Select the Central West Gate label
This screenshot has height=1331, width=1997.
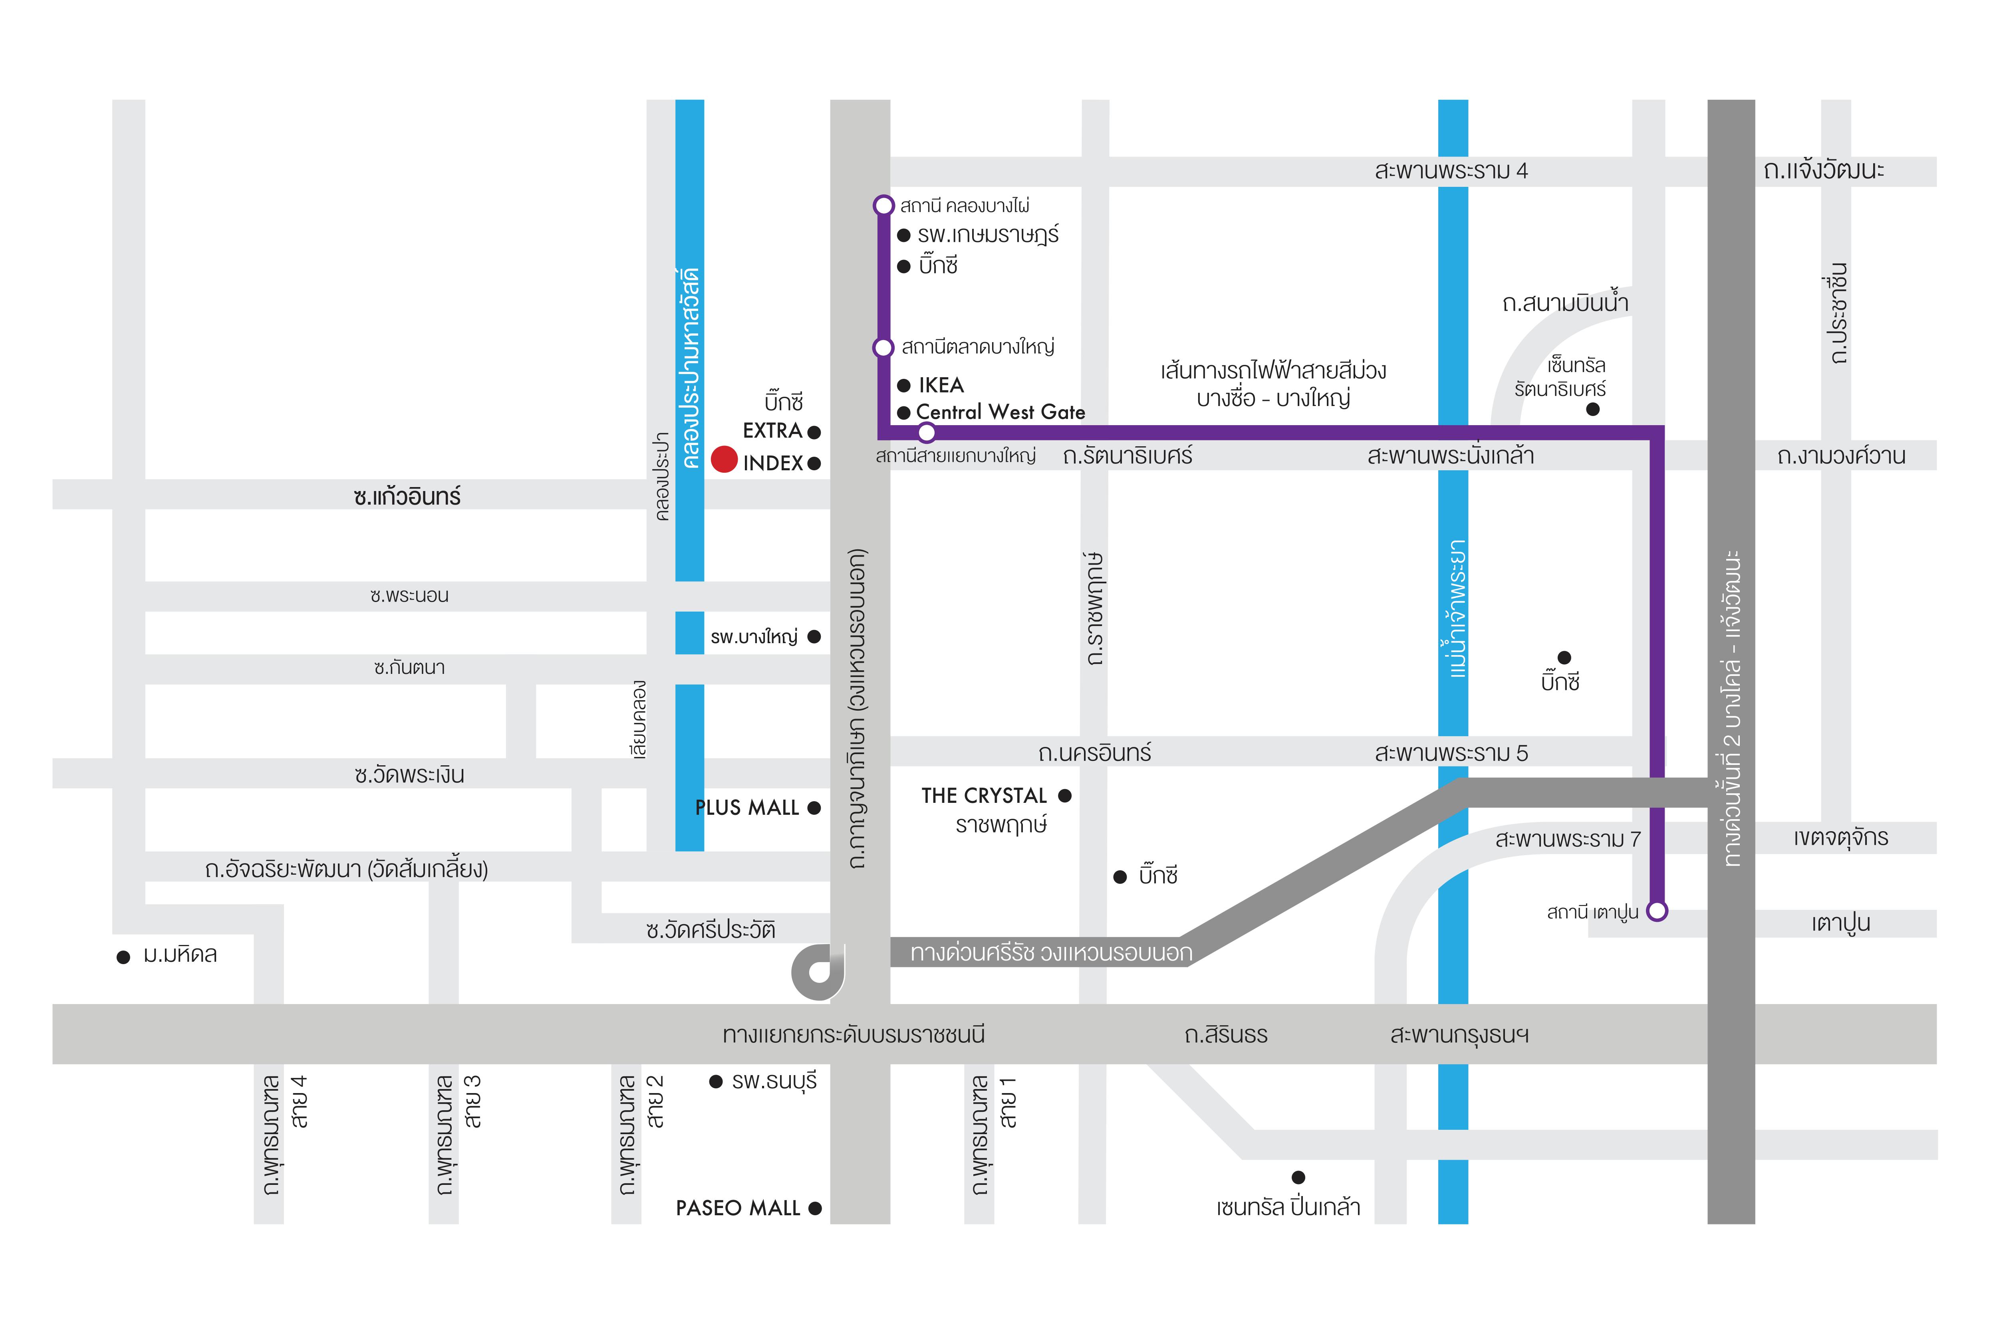1000,412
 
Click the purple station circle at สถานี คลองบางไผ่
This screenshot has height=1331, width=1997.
884,206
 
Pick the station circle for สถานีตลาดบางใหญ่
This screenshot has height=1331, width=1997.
884,347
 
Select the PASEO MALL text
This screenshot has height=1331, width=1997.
738,1208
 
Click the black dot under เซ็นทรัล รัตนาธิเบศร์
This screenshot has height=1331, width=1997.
1593,409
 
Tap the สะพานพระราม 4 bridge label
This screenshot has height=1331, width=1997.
1451,170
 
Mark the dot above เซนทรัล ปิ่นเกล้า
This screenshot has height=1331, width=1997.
1298,1177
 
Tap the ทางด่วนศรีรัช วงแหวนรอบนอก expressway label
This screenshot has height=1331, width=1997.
1051,953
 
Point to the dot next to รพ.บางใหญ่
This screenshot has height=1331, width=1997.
814,637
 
